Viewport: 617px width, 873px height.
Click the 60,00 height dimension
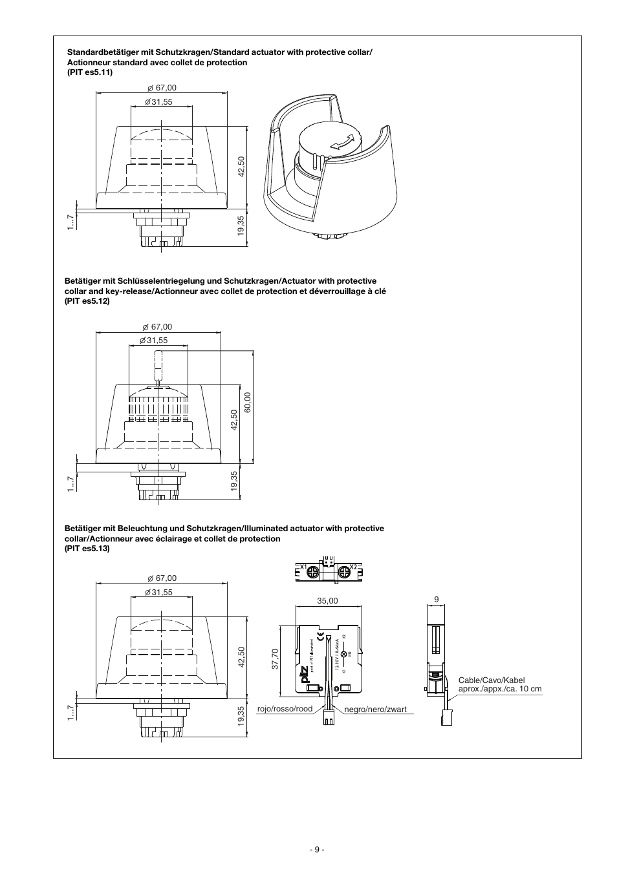click(247, 405)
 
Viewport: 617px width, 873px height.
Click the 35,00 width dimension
click(327, 600)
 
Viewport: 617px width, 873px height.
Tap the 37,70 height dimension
click(275, 659)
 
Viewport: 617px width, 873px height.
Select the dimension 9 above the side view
click(436, 600)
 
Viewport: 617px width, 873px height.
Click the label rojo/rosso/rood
click(285, 709)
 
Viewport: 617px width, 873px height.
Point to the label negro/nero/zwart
click(375, 710)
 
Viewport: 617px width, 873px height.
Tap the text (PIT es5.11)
click(90, 72)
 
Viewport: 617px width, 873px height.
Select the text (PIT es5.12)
click(87, 300)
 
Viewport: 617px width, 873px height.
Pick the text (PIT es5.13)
click(87, 548)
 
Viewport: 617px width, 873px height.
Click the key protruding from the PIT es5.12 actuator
click(158, 366)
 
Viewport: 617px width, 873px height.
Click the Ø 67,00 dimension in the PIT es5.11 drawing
click(161, 88)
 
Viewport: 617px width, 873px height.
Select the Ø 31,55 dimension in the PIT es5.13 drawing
click(158, 592)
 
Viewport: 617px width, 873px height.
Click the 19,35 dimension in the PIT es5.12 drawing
click(233, 481)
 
